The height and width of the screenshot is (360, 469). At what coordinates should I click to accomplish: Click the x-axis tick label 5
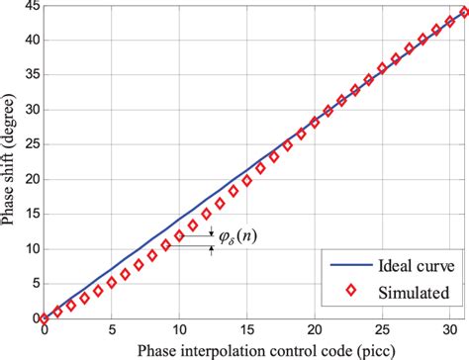(x=112, y=329)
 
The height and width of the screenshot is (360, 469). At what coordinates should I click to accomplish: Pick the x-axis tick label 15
(x=247, y=329)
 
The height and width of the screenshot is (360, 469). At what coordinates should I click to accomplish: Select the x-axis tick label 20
(x=315, y=329)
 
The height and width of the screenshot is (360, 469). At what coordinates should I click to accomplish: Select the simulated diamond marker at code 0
(x=45, y=318)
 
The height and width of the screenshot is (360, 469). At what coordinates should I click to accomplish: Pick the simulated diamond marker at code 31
(x=464, y=14)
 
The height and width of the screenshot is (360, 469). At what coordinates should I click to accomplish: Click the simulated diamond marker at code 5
(x=112, y=282)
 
